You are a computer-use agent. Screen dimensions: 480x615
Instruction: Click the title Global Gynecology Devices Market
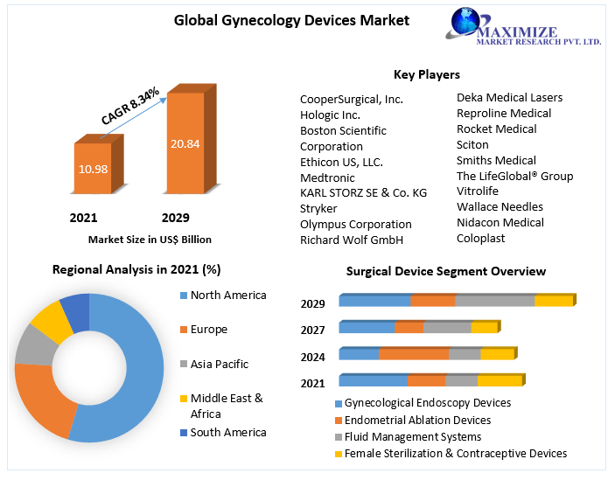[291, 19]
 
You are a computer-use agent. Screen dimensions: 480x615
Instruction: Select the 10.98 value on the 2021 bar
[92, 168]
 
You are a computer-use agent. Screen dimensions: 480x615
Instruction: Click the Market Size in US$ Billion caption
[150, 239]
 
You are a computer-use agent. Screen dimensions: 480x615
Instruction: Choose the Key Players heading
[427, 74]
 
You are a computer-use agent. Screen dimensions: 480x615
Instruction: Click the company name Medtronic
[328, 177]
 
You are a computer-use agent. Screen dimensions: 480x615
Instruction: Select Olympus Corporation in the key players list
[355, 224]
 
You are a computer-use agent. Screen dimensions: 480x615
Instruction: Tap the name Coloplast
[481, 238]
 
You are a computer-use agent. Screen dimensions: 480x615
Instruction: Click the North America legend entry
[227, 296]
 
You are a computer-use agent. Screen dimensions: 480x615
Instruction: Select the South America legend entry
[227, 432]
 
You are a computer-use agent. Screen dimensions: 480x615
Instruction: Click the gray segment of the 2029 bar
[494, 301]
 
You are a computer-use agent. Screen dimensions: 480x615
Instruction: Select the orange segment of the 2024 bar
[414, 354]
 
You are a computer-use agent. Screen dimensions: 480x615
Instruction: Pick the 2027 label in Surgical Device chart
[313, 330]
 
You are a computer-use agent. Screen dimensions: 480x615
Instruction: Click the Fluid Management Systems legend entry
[412, 436]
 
